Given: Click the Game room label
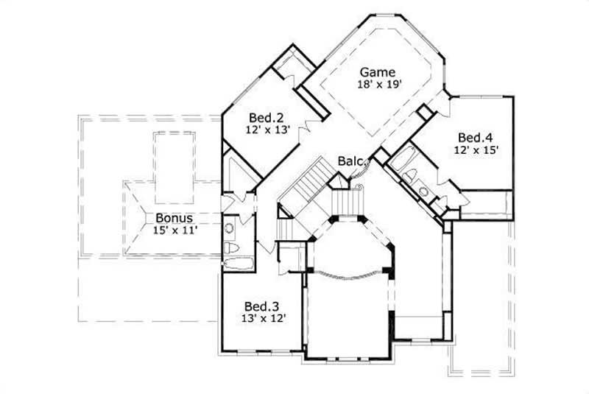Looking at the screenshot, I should (x=378, y=72).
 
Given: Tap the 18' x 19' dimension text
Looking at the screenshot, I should (x=378, y=85).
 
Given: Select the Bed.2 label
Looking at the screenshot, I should (x=267, y=117).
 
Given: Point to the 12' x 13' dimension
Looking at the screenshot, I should (x=267, y=130).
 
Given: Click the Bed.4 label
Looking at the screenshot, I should (x=476, y=137).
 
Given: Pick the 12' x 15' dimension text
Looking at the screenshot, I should (x=477, y=149).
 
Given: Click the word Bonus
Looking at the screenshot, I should (x=174, y=218).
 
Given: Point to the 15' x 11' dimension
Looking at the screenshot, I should (x=175, y=231).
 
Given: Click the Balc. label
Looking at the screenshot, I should (x=349, y=161).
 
